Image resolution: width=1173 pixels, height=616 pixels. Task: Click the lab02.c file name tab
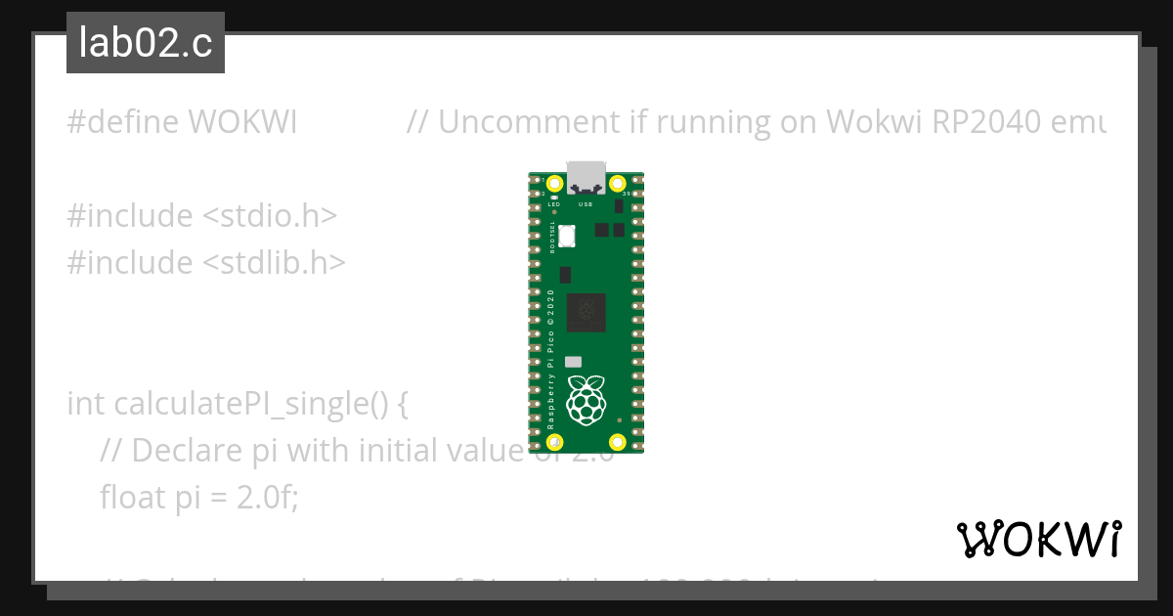[145, 44]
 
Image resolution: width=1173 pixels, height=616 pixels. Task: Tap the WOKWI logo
[1038, 539]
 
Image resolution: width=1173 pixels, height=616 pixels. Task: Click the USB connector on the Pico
[586, 176]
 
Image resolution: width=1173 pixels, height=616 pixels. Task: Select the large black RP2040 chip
[586, 311]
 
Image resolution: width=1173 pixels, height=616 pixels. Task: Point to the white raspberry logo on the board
[586, 399]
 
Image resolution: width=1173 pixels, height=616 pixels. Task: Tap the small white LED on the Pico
[554, 198]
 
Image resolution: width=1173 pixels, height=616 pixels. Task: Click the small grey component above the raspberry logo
[574, 361]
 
